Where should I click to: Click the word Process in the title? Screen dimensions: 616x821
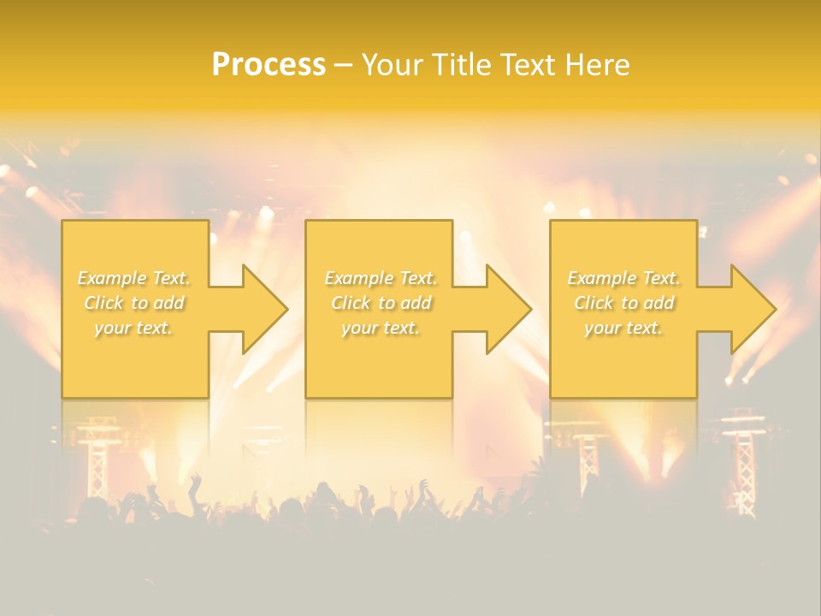pos(269,65)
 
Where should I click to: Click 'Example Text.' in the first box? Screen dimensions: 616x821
pos(133,278)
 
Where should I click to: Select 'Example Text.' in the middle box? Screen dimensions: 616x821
pos(380,278)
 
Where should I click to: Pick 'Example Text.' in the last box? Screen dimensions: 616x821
pos(623,278)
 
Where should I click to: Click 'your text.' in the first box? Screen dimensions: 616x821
pos(133,328)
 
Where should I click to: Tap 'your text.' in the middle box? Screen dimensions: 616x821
pos(380,328)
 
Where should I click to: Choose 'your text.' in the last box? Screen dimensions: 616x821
pos(623,328)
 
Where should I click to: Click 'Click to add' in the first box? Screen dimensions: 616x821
pos(133,303)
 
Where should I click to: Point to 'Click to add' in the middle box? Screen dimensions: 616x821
pos(380,303)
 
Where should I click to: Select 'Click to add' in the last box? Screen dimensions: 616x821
pos(623,303)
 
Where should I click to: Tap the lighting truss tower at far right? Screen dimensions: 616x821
pos(744,462)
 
